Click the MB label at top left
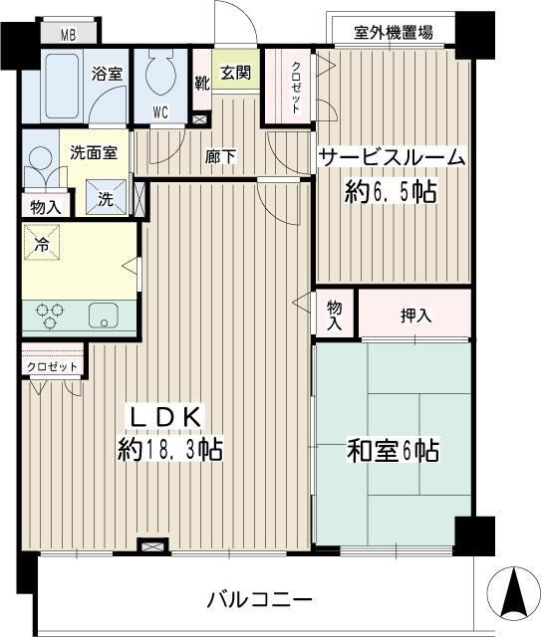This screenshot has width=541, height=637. point(68,36)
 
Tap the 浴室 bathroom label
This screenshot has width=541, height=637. point(107,74)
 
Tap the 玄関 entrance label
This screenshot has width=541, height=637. point(235,73)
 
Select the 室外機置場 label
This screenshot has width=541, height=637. point(394,32)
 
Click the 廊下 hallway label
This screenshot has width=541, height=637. point(221,156)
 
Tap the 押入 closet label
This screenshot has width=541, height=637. point(415,317)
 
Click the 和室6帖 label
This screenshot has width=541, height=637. point(392,451)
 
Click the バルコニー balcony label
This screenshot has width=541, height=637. point(260,600)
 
